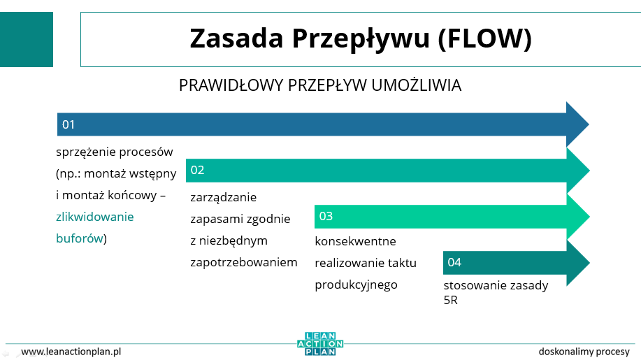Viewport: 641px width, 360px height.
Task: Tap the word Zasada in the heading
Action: coord(236,38)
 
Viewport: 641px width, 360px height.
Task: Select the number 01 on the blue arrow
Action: coord(69,124)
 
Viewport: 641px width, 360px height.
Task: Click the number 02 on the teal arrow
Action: coord(197,170)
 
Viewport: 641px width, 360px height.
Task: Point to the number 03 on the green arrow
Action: coord(326,216)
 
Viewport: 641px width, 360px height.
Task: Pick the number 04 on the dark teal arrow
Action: coord(454,262)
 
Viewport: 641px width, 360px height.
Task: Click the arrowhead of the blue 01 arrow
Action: coord(577,124)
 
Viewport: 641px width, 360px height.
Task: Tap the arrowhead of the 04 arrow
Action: coord(578,263)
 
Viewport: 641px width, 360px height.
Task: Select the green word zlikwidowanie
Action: coord(95,217)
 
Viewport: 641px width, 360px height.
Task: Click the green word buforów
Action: coord(79,238)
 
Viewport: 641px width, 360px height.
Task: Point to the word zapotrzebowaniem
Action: coord(244,262)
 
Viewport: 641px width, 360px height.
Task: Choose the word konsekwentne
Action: coord(355,241)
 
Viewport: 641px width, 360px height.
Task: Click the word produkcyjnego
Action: coord(356,285)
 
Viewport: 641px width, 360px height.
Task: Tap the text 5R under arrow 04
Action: coord(450,301)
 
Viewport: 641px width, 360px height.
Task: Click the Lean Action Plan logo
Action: coord(320,344)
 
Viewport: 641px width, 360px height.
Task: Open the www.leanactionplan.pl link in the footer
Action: coord(71,352)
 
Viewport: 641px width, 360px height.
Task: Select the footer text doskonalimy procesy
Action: coord(584,352)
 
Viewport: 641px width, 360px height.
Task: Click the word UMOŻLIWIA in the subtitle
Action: coord(417,85)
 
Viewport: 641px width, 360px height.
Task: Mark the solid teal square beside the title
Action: coord(27,39)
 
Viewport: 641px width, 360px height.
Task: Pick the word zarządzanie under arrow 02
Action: coord(223,198)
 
